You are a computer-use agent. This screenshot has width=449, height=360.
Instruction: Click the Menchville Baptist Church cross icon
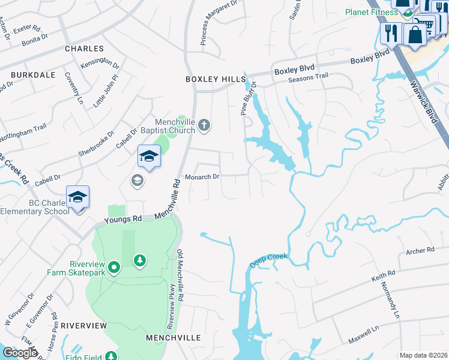(x=204, y=125)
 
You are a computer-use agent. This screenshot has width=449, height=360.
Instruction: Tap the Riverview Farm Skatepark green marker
(x=114, y=266)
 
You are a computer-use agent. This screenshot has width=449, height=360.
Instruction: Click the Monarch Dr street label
(x=203, y=177)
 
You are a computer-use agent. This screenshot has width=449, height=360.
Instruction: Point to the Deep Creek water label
(x=269, y=261)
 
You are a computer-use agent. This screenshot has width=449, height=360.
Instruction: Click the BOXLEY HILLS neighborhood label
(x=215, y=79)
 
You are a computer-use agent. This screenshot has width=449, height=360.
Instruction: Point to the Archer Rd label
(x=420, y=250)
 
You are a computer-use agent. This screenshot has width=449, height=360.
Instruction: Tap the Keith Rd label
(x=383, y=275)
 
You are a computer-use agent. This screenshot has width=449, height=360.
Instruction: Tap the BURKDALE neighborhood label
(x=32, y=75)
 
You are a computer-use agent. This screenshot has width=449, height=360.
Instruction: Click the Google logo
(x=20, y=353)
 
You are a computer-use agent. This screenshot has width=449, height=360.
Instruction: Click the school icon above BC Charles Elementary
(x=77, y=197)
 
